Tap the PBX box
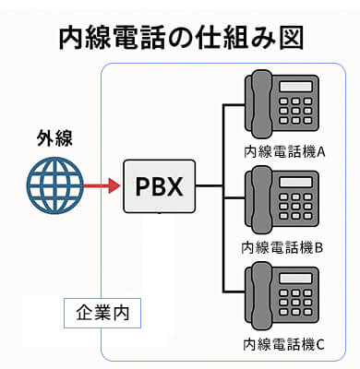160,185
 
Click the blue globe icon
54,185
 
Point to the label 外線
54,139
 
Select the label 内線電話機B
282,247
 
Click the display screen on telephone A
297,87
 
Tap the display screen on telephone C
297,280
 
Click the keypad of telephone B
297,210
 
